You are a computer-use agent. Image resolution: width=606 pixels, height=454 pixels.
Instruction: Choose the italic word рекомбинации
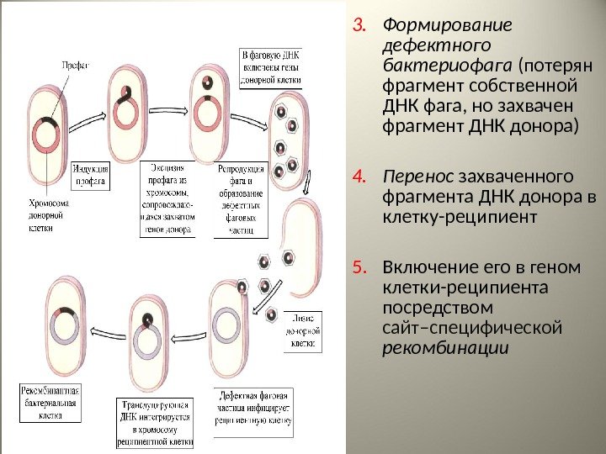446,347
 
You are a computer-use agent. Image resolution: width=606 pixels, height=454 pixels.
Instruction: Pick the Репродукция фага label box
241,199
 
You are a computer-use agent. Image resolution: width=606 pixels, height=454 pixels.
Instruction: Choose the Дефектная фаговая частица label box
252,407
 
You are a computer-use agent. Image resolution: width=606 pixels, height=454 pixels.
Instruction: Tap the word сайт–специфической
471,327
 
